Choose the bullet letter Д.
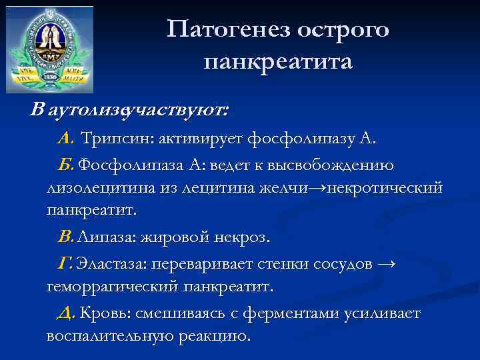pos(67,313)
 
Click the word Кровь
pos(105,313)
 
